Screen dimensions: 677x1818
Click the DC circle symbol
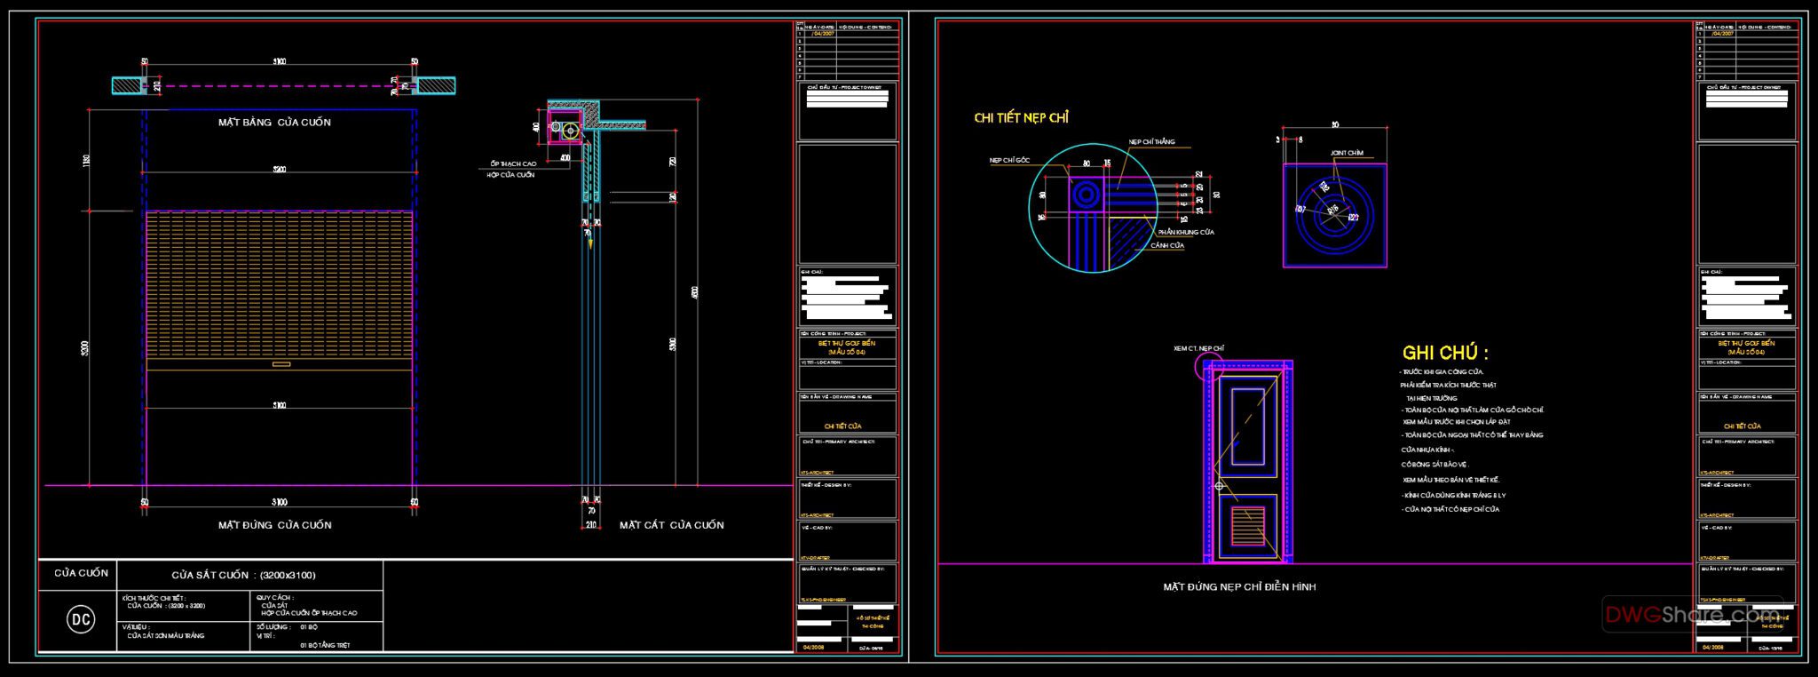tap(81, 619)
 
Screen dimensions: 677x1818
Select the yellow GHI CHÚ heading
tap(1445, 353)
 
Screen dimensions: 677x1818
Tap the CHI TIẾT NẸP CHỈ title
tap(1021, 117)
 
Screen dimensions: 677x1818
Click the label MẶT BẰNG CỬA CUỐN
tap(274, 122)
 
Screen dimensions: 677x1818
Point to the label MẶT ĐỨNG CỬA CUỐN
tap(274, 525)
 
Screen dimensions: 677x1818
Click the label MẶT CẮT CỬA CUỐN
tap(671, 525)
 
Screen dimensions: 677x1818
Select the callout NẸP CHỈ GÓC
tap(1010, 161)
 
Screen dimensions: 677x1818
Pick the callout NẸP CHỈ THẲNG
tap(1151, 142)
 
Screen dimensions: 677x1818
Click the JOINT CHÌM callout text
tap(1347, 153)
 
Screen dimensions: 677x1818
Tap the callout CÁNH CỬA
tap(1167, 245)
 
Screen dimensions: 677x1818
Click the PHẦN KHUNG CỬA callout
tap(1186, 232)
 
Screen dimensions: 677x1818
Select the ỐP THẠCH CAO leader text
tap(513, 164)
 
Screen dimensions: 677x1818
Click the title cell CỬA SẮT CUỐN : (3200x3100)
tap(243, 575)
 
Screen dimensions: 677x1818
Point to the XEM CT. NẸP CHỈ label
tap(1198, 348)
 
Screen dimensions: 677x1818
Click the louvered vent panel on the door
tap(1247, 525)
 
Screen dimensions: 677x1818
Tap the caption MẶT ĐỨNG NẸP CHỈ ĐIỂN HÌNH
tap(1239, 586)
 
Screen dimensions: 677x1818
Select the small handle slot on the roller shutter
tap(281, 363)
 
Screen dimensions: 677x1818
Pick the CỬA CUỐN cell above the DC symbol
tap(81, 573)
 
